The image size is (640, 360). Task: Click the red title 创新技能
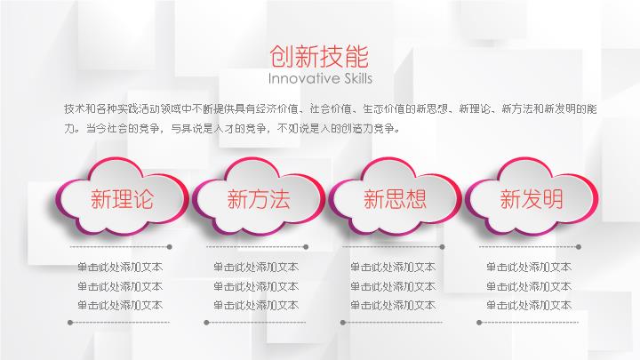pos(319,56)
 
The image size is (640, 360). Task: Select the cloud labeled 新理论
pos(122,196)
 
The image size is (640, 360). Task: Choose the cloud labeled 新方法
pos(258,196)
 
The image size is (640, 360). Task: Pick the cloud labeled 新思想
pos(395,196)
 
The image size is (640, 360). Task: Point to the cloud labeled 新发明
pos(531,196)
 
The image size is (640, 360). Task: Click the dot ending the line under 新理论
pos(170,247)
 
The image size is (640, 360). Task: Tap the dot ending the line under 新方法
pos(306,247)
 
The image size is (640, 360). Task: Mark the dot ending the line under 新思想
pos(442,247)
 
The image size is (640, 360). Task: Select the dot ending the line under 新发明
pos(579,247)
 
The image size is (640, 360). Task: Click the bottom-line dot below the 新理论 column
pos(70,323)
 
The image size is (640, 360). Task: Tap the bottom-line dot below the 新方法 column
pos(206,323)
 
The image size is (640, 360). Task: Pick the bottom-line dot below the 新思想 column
pos(343,323)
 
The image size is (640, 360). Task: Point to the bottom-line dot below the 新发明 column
pos(479,323)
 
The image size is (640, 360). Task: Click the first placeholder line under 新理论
pos(120,267)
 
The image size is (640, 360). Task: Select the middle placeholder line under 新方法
pos(256,286)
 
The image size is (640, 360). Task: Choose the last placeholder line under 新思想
pos(393,305)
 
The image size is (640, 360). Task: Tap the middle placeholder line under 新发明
pos(529,286)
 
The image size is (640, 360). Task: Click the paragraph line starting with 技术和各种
pos(331,109)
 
